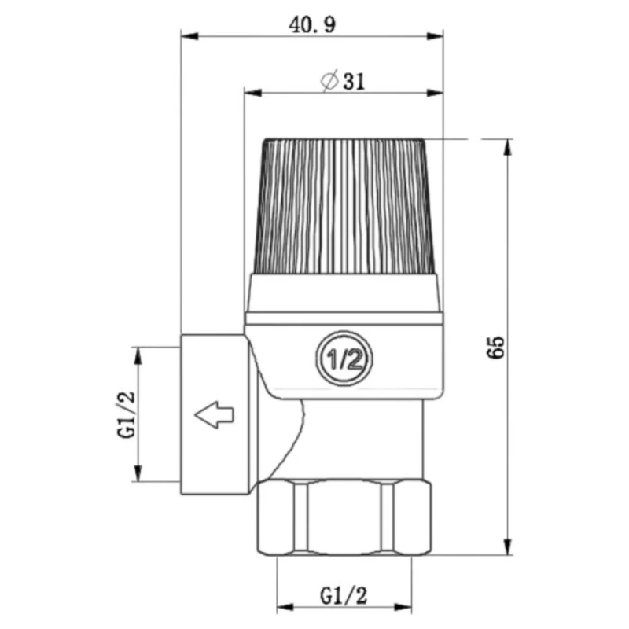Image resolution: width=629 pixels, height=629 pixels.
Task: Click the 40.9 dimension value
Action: pyautogui.click(x=312, y=24)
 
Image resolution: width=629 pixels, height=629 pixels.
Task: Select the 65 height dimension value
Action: pyautogui.click(x=495, y=347)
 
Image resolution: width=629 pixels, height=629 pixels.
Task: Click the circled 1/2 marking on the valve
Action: pyautogui.click(x=344, y=359)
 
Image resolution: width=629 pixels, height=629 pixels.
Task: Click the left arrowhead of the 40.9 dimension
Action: pyautogui.click(x=187, y=35)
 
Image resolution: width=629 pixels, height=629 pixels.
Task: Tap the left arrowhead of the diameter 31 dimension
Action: pyautogui.click(x=250, y=92)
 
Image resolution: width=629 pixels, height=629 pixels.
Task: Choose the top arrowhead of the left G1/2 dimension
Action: pyautogui.click(x=138, y=353)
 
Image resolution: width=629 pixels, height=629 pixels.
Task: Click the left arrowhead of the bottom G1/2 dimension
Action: pyautogui.click(x=284, y=607)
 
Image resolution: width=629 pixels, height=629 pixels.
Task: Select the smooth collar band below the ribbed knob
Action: pyautogui.click(x=344, y=292)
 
